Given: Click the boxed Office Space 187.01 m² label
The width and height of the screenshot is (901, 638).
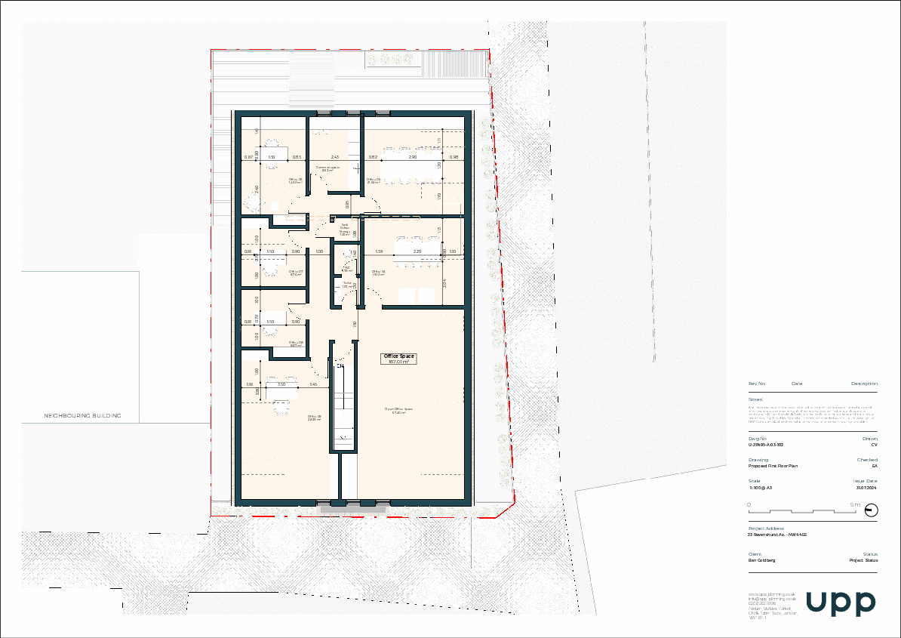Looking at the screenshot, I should point(399,359).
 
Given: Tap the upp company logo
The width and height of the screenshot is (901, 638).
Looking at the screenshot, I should point(841,603).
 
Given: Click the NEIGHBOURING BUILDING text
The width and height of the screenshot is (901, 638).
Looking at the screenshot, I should point(82,416).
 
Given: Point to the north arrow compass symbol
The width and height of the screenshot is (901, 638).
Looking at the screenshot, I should point(872,511).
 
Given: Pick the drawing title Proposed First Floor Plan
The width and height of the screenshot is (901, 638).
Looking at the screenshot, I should point(773,466).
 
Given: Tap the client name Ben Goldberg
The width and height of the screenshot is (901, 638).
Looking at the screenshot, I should point(761,561).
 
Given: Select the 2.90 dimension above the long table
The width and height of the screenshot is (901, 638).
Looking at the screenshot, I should point(413,157).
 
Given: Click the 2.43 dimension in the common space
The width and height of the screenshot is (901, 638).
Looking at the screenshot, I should point(313,157).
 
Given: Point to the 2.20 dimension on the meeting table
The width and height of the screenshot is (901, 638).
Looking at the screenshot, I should point(417,251).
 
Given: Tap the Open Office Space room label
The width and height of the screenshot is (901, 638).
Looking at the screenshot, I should point(398,410).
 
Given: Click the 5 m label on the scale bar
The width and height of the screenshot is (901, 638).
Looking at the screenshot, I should point(855,504).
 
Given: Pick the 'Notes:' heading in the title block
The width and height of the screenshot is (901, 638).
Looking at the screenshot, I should point(755,399).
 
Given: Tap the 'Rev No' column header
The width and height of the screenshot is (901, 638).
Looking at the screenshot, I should point(757,384).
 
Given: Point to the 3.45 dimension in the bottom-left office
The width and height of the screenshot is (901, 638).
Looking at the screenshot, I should point(313,385).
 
